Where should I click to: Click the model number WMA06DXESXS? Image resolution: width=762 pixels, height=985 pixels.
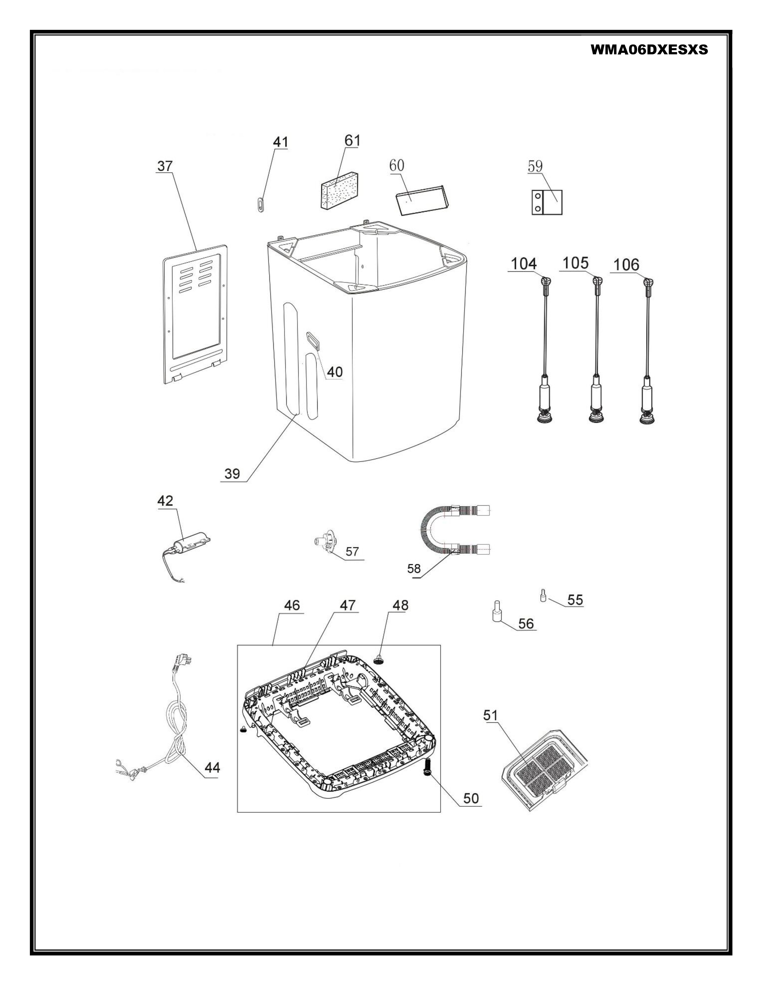649,50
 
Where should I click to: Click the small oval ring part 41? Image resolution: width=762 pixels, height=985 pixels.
260,204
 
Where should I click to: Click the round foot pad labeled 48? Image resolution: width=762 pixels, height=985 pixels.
379,660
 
